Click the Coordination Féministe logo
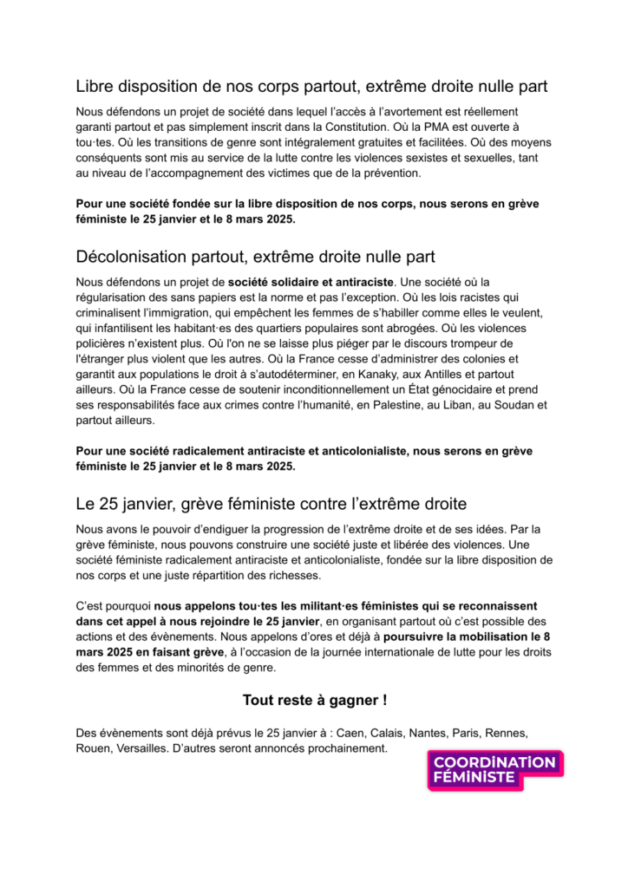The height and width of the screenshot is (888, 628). [494, 770]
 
